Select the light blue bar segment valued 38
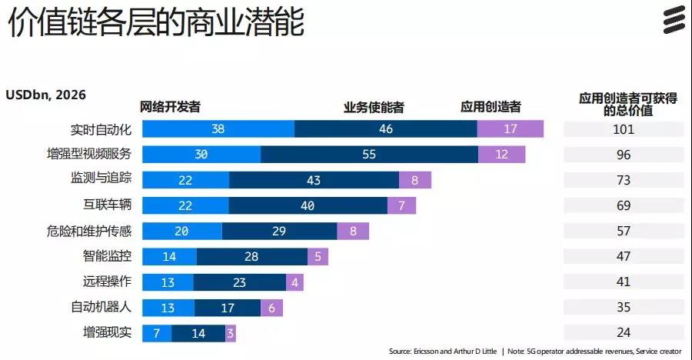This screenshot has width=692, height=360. point(218,129)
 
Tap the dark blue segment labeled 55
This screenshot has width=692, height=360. point(369,155)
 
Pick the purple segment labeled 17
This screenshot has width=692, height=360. point(511,129)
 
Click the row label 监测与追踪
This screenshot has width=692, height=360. point(101,179)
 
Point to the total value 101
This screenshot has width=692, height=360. point(624,129)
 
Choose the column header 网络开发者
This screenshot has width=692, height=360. point(170,107)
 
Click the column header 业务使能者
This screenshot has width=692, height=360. point(374,107)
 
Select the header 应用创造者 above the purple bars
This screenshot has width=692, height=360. point(491,107)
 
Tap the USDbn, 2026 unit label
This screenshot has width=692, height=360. point(46,95)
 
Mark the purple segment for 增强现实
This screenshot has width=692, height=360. point(231,333)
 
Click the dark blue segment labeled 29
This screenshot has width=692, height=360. point(279,231)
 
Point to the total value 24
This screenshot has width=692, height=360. point(624,333)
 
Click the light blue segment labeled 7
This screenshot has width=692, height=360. point(157,333)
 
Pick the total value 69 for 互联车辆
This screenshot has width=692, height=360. point(624,205)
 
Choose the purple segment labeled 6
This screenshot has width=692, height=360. point(271,308)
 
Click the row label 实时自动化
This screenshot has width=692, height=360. point(101,129)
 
